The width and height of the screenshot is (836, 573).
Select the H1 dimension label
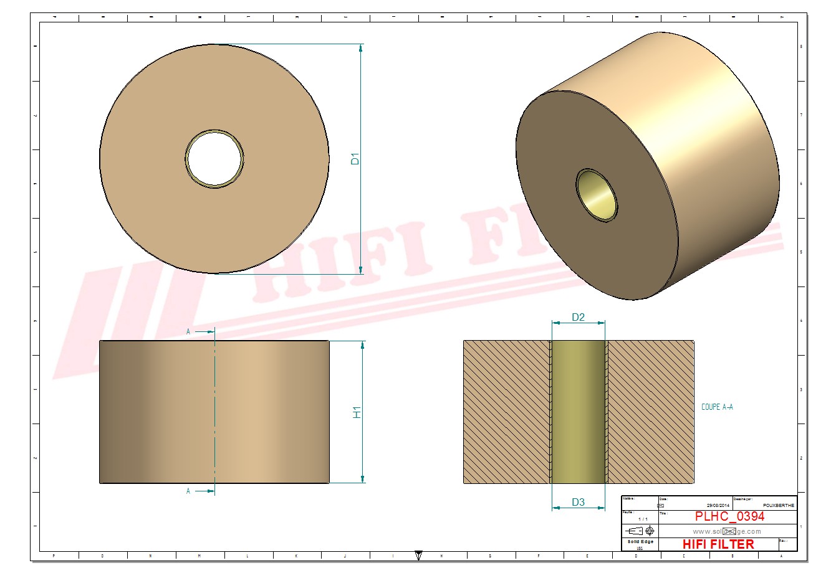point(357,412)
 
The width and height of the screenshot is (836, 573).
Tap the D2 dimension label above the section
point(578,317)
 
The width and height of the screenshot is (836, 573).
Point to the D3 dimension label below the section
point(578,502)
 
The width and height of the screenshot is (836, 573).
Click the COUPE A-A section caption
point(717,407)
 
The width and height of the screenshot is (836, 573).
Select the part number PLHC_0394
point(729,516)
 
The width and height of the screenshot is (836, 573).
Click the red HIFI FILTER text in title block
point(717,544)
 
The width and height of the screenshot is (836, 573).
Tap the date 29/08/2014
point(718,505)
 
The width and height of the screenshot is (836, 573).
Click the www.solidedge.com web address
point(727,531)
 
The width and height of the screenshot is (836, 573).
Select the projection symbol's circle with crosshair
point(650,531)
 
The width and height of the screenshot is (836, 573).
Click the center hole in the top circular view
point(214,158)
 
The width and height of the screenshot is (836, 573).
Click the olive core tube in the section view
point(579,412)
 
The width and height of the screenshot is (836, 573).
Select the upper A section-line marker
point(188,332)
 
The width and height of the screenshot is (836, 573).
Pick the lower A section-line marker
point(188,491)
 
